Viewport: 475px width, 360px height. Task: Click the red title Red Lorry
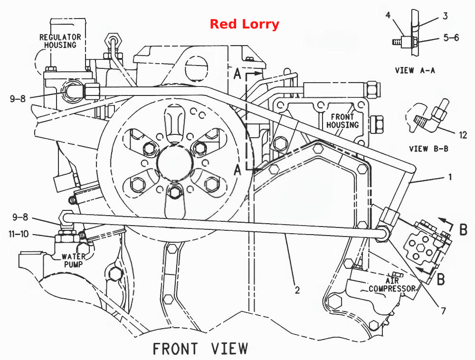(245, 24)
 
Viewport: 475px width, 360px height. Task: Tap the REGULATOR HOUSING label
(60, 41)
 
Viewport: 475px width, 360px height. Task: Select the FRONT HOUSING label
(342, 121)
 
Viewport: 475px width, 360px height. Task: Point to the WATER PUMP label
(73, 260)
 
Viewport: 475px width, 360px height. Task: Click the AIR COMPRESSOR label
(392, 284)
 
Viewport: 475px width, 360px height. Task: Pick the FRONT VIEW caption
(200, 349)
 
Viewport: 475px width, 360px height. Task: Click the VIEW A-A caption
(415, 71)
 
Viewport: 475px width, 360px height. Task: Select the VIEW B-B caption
(428, 149)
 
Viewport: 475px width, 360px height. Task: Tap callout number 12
(463, 135)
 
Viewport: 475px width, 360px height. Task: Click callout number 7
(444, 311)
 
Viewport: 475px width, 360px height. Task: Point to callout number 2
(297, 290)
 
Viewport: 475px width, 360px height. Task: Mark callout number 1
(450, 177)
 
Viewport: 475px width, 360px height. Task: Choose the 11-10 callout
(19, 234)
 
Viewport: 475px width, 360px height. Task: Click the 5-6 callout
(451, 38)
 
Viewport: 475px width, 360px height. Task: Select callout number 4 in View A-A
(388, 15)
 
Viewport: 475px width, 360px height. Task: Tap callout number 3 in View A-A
(445, 16)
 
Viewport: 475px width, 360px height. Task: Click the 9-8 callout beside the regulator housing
(18, 99)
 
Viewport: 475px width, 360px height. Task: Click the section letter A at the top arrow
(237, 74)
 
